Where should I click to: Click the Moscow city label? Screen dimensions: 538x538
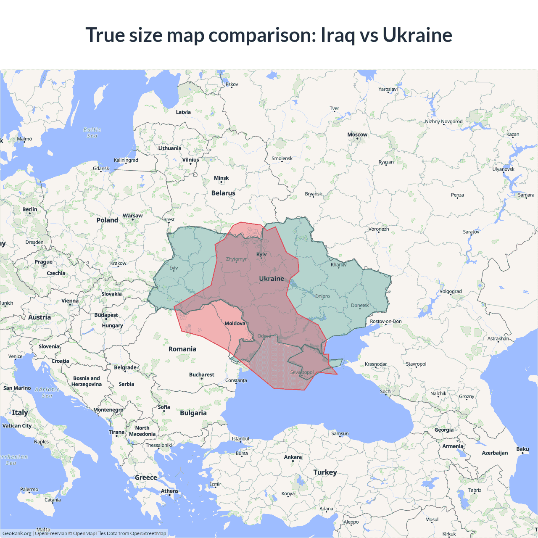pyautogui.click(x=357, y=134)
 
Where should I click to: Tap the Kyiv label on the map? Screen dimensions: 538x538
pyautogui.click(x=261, y=254)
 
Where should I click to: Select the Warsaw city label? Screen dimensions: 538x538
pyautogui.click(x=132, y=216)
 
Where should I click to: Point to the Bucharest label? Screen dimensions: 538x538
pyautogui.click(x=202, y=374)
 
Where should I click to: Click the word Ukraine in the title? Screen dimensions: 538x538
pyautogui.click(x=417, y=35)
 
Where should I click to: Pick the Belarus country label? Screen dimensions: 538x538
pyautogui.click(x=223, y=193)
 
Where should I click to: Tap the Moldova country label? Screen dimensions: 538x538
pyautogui.click(x=235, y=323)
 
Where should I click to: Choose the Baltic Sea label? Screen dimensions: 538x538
pyautogui.click(x=92, y=133)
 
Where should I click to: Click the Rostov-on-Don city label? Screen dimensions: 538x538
pyautogui.click(x=385, y=322)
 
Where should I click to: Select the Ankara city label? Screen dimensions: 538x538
pyautogui.click(x=293, y=457)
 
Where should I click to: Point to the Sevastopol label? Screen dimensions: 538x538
pyautogui.click(x=302, y=372)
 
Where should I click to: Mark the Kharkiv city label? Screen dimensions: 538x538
pyautogui.click(x=338, y=265)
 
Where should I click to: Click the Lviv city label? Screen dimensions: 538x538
pyautogui.click(x=174, y=268)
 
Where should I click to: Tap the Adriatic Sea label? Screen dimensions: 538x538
pyautogui.click(x=47, y=393)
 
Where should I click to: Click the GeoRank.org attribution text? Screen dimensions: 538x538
pyautogui.click(x=17, y=533)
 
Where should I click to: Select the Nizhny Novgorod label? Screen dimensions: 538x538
pyautogui.click(x=443, y=121)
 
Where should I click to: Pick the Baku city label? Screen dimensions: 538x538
pyautogui.click(x=522, y=449)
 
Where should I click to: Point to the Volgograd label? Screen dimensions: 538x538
pyautogui.click(x=451, y=291)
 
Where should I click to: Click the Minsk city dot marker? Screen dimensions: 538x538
pyautogui.click(x=221, y=182)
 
